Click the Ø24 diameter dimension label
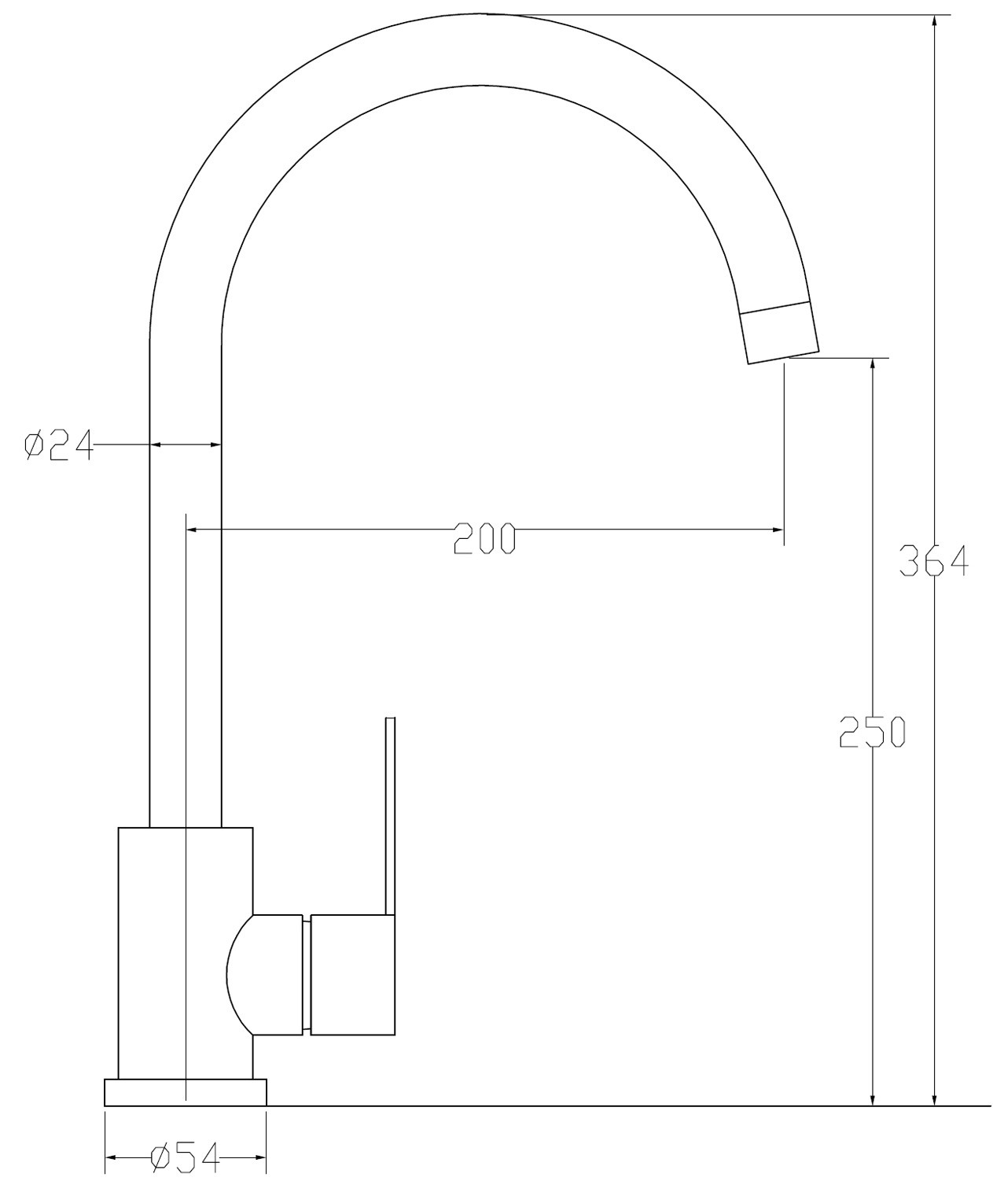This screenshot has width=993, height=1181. coord(59,445)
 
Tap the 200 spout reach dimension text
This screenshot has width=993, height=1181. coord(485,538)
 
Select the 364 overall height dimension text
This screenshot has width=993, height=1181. coord(934,560)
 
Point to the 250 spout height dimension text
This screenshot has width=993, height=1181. coord(873,732)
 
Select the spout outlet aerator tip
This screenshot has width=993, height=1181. coord(780,333)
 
